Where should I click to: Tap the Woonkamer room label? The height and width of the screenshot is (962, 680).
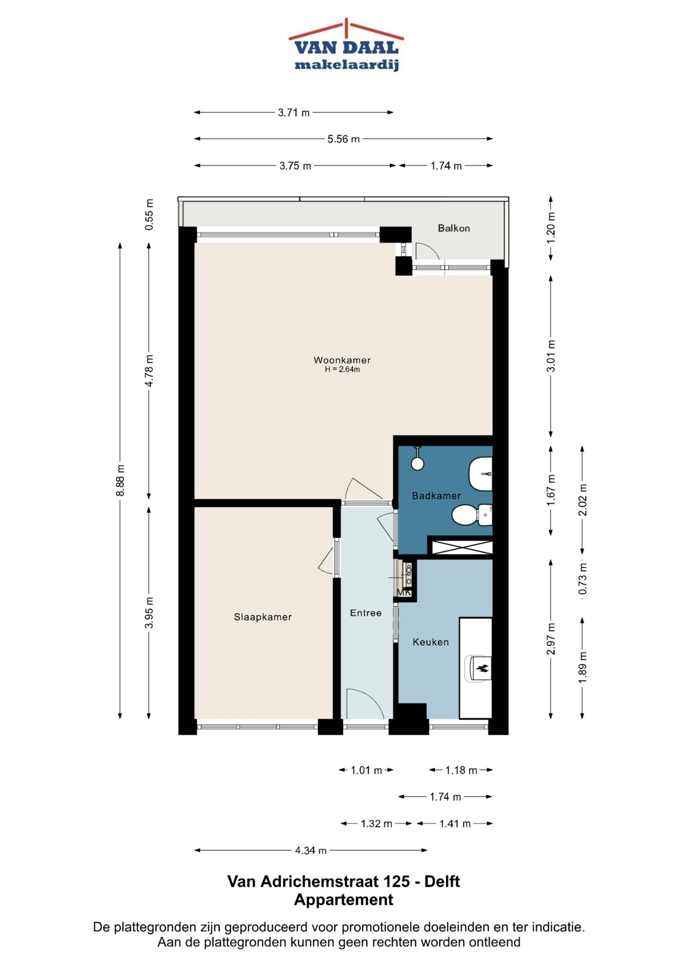coord(342,360)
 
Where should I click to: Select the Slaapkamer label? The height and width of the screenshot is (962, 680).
coord(263,617)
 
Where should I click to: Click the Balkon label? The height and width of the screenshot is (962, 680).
coord(453,228)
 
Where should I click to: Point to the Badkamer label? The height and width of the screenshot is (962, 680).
coord(436,496)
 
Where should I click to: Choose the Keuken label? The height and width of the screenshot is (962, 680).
coord(430,642)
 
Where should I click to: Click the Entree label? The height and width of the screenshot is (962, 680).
coord(365,613)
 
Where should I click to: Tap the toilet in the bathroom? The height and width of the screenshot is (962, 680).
coord(470,515)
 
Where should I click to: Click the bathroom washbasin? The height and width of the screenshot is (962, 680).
coord(481,473)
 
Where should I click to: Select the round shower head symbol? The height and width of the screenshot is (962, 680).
coord(417,463)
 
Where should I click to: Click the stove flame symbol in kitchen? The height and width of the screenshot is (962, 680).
coord(482,668)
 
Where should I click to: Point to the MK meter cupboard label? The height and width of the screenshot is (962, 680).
coord(404,593)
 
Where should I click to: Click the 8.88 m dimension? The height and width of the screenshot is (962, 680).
coord(120,480)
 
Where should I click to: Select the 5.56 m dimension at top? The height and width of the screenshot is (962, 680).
coord(343,139)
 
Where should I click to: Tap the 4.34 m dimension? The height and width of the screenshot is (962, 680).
coord(310,850)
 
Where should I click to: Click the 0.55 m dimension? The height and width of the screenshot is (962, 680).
coord(149,215)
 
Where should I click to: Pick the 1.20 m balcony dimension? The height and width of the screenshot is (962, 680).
coord(551,227)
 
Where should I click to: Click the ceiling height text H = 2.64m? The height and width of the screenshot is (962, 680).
coord(342,369)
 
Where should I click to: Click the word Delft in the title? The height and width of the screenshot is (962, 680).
coord(442,881)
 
